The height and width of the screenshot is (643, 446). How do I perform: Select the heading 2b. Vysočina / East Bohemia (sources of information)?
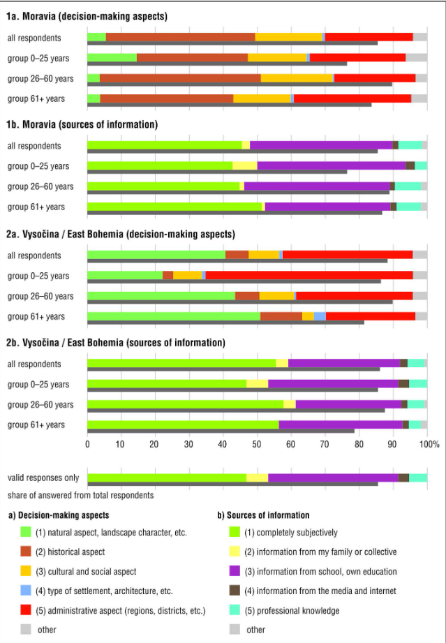coord(115,343)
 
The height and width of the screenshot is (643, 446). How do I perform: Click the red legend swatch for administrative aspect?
coord(26,610)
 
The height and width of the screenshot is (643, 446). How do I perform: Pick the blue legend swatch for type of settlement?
coord(26,591)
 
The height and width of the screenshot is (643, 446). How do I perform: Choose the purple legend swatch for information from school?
coord(235,571)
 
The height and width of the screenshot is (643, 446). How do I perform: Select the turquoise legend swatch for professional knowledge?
coord(235,610)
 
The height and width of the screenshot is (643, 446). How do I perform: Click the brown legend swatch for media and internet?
coord(235,591)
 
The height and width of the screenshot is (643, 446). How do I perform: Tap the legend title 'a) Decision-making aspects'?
coord(59,515)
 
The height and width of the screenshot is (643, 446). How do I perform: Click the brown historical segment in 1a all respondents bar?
coord(180,37)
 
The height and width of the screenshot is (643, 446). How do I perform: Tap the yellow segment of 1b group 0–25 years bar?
coord(244,165)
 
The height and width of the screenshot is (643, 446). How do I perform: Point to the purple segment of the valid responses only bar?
coord(333,478)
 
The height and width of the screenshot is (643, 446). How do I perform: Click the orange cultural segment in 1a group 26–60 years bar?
coord(296,78)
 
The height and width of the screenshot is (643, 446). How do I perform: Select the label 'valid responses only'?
coord(43,478)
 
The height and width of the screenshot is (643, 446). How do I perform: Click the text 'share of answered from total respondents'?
coord(81,495)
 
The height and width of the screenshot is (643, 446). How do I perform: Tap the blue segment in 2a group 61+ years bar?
coord(320,316)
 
